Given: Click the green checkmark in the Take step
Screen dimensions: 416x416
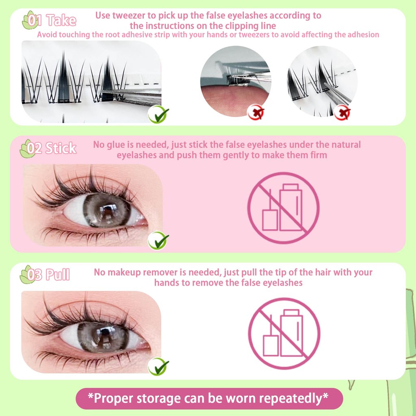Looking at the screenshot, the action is (158, 114).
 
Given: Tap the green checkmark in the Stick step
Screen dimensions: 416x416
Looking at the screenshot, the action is (158, 240).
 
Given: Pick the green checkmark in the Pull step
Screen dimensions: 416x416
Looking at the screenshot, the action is (158, 366).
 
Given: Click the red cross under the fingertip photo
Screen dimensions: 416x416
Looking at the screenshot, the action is (256, 113).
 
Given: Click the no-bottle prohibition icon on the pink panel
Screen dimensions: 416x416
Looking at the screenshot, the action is (283, 208).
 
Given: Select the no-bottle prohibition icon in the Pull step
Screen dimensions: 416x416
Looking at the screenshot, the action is (284, 334).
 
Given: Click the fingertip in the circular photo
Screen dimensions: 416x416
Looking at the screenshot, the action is (234, 100).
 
